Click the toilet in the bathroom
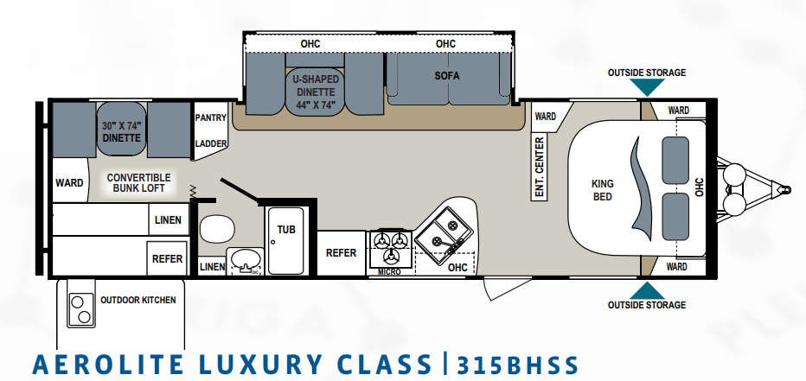(x=217, y=229)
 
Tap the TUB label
(x=286, y=230)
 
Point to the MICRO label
(x=389, y=271)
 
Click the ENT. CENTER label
(x=540, y=168)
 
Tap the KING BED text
(x=603, y=190)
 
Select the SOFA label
(x=447, y=76)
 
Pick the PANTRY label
(x=211, y=117)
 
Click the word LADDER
(x=211, y=143)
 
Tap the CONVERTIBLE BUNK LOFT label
(x=138, y=183)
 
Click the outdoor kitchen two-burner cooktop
(x=81, y=309)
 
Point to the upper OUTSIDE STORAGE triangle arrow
(x=647, y=86)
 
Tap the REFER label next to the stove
(x=342, y=252)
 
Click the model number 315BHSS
(x=518, y=365)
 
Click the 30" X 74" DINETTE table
(x=122, y=129)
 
